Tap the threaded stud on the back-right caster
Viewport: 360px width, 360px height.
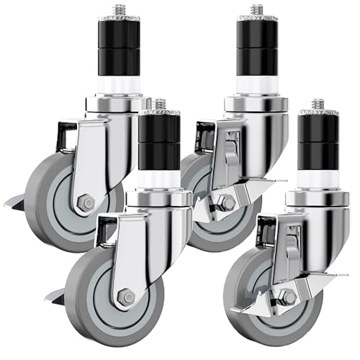click(x=256, y=11)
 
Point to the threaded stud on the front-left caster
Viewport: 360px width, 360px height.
click(x=160, y=105)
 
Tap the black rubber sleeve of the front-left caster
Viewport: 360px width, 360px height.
click(x=160, y=144)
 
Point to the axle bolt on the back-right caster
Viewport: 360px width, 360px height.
click(x=226, y=204)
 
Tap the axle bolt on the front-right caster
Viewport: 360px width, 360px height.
click(x=287, y=297)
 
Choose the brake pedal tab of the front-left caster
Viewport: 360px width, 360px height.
click(x=53, y=295)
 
